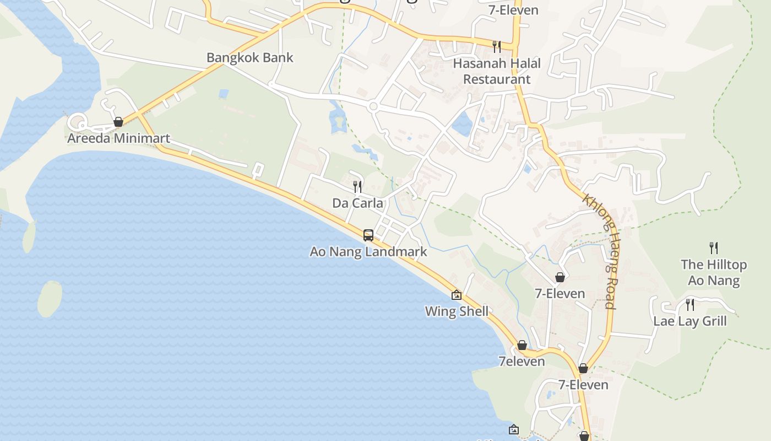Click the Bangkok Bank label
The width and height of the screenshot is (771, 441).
point(249,57)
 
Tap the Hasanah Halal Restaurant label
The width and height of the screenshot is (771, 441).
point(497,71)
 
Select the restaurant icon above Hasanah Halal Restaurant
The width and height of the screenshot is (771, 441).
point(497,46)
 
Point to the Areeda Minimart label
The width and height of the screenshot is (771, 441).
point(118,138)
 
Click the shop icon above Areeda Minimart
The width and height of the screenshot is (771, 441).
point(118,122)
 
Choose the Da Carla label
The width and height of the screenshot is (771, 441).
point(357,203)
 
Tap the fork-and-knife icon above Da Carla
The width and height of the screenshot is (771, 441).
point(357,187)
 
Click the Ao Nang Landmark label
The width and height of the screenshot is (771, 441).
point(368,252)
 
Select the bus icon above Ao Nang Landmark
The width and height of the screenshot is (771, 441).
point(368,235)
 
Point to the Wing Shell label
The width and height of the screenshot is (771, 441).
point(457,311)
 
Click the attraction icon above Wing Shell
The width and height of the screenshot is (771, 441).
point(457,295)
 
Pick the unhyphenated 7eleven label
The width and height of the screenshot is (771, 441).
point(522,362)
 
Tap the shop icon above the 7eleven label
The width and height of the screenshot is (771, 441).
point(522,346)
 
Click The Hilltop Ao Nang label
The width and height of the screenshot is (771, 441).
point(714,272)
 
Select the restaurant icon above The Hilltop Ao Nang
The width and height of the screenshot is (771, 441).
point(714,248)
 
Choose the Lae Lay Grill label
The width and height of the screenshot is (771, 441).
point(690,321)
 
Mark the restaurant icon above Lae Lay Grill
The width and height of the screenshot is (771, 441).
point(689,304)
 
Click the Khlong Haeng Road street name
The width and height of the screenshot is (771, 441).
point(600,251)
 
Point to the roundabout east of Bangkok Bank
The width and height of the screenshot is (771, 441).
point(373,106)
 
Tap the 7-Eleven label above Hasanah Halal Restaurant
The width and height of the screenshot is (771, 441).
point(513,10)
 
